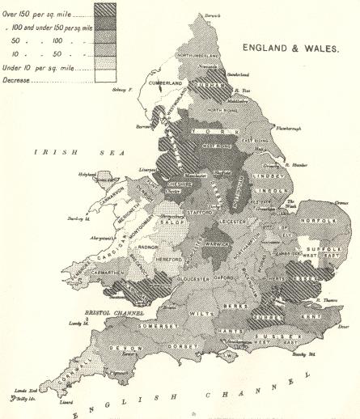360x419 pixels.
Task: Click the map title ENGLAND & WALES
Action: pos(292,48)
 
